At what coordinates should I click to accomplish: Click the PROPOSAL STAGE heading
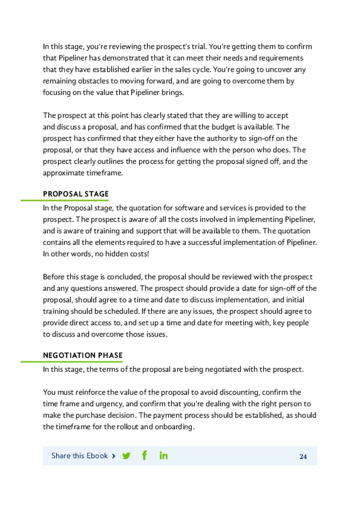(x=76, y=194)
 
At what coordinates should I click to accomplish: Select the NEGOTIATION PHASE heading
(x=82, y=356)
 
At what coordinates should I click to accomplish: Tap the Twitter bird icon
(x=126, y=456)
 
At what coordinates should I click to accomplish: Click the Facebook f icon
(x=145, y=456)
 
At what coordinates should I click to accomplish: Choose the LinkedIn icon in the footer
(x=163, y=456)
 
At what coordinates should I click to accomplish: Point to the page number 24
(x=303, y=457)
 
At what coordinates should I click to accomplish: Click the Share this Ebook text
(x=79, y=456)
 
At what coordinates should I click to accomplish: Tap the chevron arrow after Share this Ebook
(x=114, y=456)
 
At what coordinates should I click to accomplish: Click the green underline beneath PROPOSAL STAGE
(x=64, y=200)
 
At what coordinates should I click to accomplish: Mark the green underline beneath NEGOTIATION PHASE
(x=71, y=362)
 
